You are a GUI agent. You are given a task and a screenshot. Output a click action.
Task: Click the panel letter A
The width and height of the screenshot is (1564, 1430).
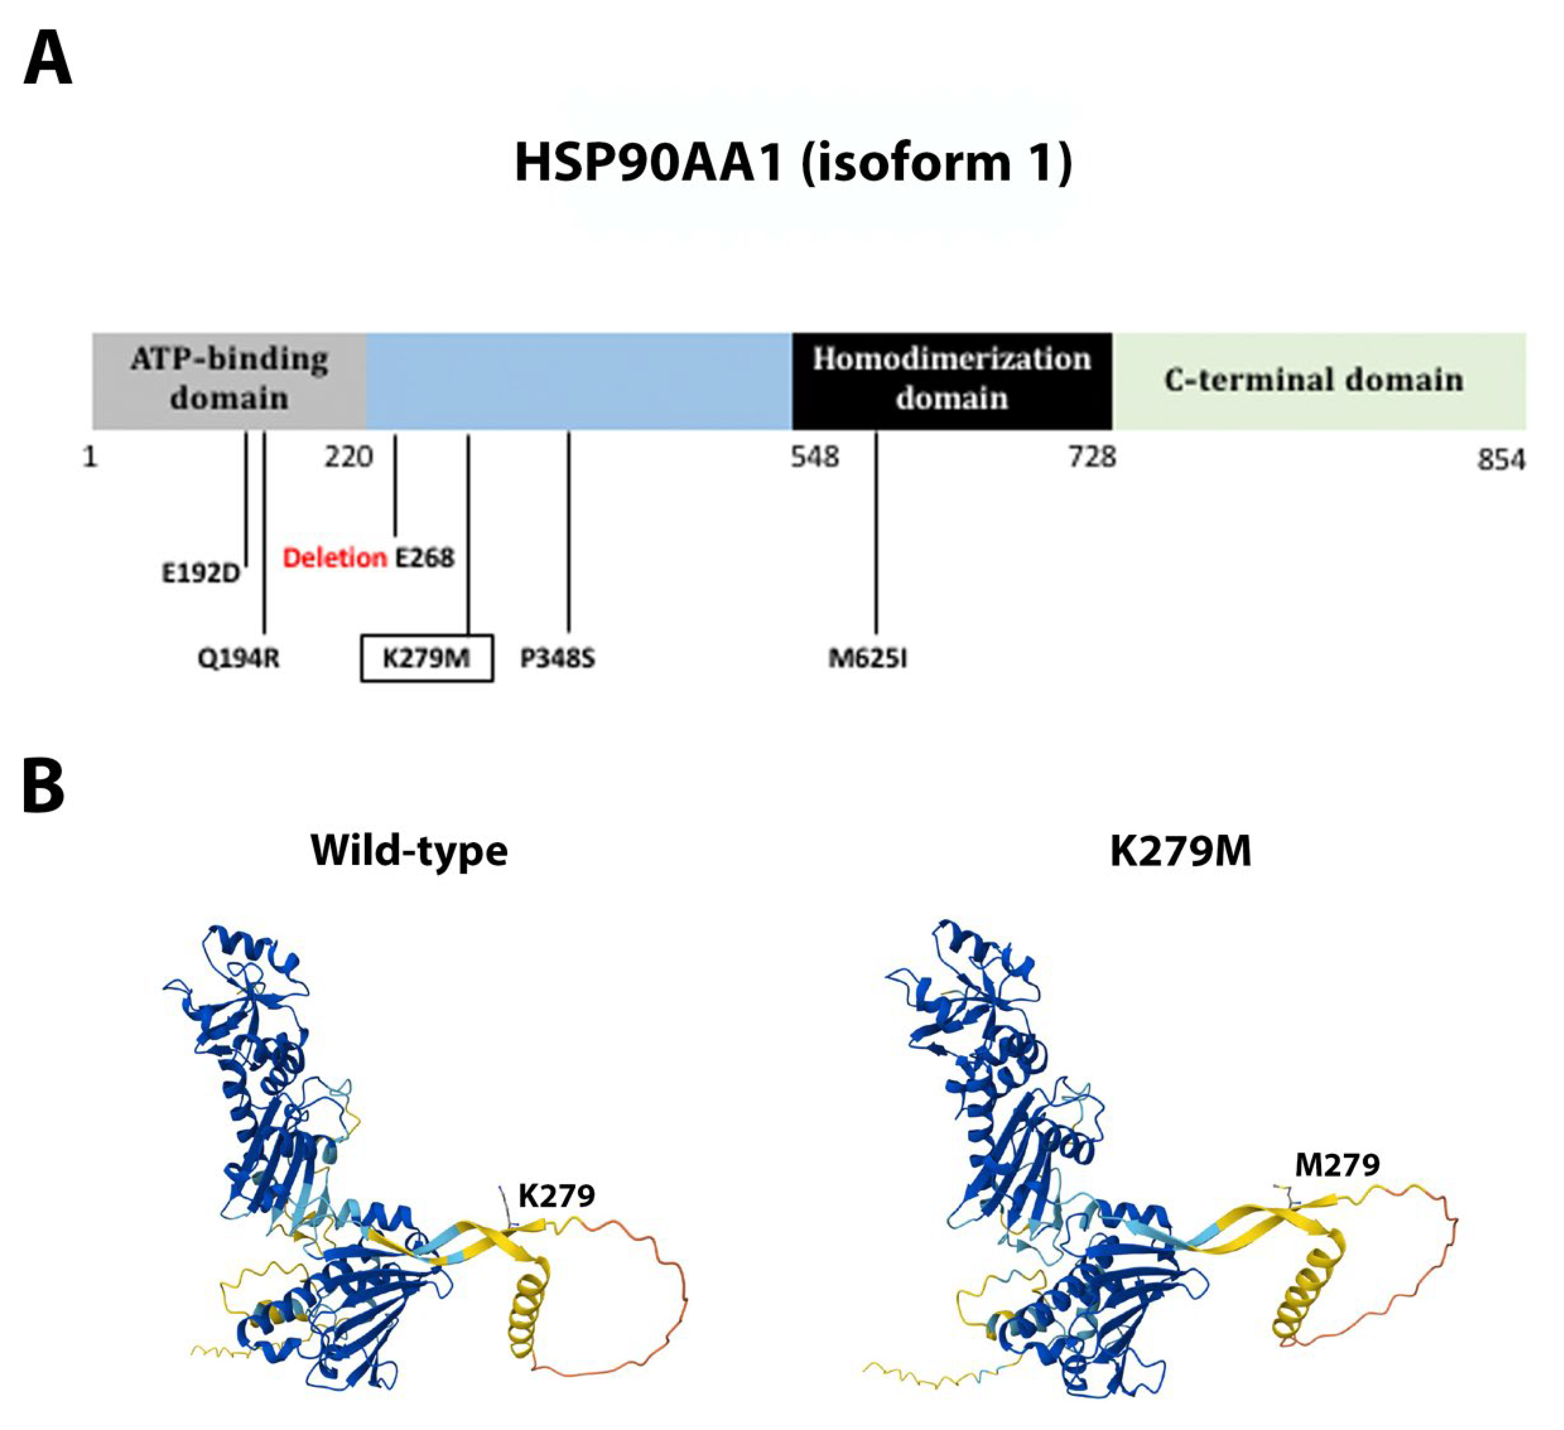point(48,62)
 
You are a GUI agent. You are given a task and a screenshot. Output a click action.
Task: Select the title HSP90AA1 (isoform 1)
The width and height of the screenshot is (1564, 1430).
point(793,162)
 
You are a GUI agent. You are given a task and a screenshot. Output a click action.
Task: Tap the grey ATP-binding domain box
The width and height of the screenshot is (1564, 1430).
point(229,380)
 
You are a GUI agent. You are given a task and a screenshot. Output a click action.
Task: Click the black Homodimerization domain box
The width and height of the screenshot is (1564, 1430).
point(951,380)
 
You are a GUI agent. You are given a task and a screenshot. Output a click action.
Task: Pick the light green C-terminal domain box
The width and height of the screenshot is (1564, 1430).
point(1318,380)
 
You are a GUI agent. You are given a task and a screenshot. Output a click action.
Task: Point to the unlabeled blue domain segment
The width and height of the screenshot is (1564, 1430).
point(578,380)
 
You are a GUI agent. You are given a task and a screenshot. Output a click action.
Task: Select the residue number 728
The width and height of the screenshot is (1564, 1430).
point(1092,457)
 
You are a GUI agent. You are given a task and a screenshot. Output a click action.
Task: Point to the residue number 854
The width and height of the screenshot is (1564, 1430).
point(1500,460)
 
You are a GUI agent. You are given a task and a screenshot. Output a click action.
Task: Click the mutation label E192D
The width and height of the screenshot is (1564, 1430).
point(200,574)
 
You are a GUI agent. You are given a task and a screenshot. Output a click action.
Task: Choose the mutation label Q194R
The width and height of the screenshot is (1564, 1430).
point(238,659)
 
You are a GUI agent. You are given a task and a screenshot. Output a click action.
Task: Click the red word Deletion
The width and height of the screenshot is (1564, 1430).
point(334,558)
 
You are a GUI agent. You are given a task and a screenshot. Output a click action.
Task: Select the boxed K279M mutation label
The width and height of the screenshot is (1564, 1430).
point(427,659)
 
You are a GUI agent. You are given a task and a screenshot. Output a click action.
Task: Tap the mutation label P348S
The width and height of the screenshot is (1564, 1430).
point(557,659)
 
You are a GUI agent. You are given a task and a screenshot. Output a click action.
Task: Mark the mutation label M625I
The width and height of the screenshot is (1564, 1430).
point(868,659)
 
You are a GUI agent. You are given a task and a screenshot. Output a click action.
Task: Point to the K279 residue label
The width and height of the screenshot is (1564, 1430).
point(556,1196)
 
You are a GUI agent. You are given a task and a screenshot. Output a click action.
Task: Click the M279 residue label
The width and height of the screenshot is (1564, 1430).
point(1337,1165)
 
